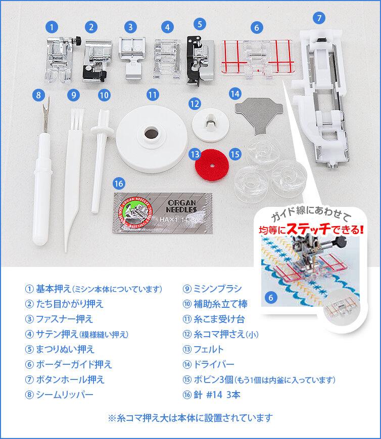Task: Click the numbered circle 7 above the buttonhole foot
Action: (318, 18)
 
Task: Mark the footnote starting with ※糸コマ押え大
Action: (190, 418)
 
